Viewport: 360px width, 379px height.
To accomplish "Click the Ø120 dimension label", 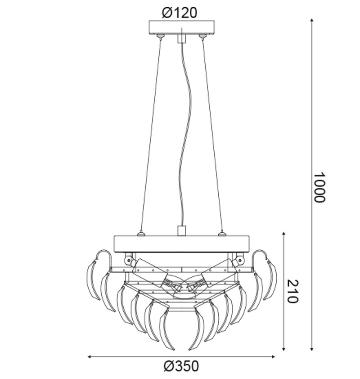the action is click(180, 13).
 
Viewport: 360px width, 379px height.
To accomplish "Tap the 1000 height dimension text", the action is click(320, 187).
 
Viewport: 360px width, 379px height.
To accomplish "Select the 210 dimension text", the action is click(293, 291).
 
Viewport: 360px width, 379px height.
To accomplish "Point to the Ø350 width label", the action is click(181, 366).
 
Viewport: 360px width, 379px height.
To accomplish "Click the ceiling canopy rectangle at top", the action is click(181, 27).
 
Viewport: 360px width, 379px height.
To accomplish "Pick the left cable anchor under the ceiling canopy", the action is click(160, 36).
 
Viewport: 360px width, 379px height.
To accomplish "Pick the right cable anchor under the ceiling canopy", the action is click(202, 36).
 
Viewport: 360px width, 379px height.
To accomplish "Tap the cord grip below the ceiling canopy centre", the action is click(181, 38).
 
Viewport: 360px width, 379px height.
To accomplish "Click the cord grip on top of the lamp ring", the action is click(181, 230).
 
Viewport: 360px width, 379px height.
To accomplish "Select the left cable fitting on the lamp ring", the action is click(140, 234).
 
